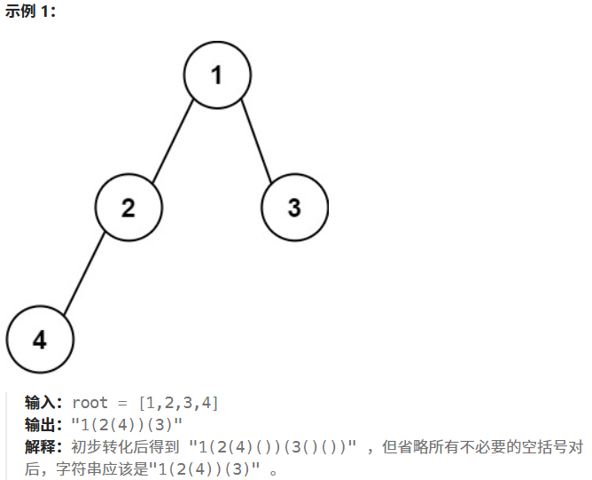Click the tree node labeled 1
click(x=217, y=75)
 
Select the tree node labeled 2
click(x=129, y=208)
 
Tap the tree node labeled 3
click(x=294, y=208)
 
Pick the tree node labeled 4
click(x=40, y=340)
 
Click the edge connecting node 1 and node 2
click(x=173, y=142)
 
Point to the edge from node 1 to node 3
click(x=256, y=142)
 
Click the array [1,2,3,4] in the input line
click(x=178, y=404)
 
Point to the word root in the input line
click(x=90, y=404)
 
